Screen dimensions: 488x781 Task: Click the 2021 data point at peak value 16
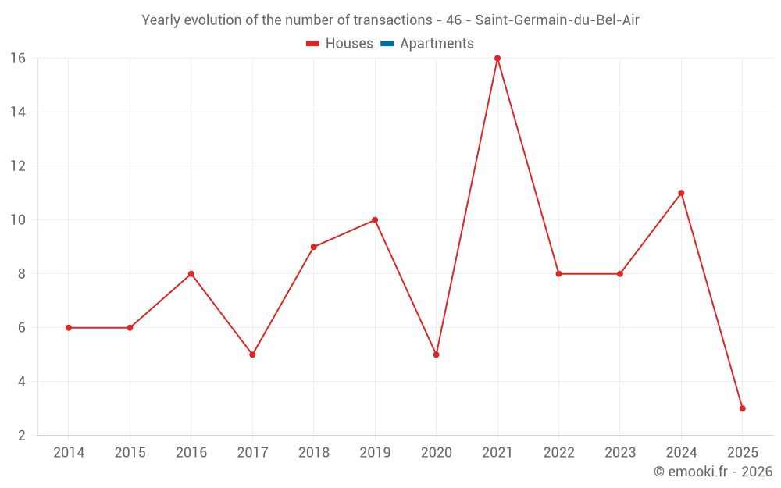coord(497,59)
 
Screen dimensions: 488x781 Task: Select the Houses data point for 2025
coord(742,408)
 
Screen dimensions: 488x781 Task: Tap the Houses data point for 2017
coord(252,354)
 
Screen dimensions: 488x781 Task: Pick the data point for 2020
coord(436,354)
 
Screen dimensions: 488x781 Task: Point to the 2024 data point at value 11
coord(681,193)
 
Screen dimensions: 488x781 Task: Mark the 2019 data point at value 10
coord(375,220)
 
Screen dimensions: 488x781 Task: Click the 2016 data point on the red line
coord(191,274)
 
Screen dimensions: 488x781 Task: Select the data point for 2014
coord(69,328)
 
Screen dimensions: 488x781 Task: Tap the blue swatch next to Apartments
coord(387,44)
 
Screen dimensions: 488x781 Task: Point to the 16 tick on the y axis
coord(17,59)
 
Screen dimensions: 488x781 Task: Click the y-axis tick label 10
coord(17,220)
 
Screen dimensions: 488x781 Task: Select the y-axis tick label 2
coord(21,436)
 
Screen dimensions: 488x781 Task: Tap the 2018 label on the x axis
coord(313,453)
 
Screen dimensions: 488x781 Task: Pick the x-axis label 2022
coord(558,453)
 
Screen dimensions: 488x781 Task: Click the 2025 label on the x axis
coord(742,453)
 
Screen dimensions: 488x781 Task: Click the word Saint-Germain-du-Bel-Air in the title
coord(557,20)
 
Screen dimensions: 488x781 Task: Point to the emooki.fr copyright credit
coord(712,472)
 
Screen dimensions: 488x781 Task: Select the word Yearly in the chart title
coord(161,20)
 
